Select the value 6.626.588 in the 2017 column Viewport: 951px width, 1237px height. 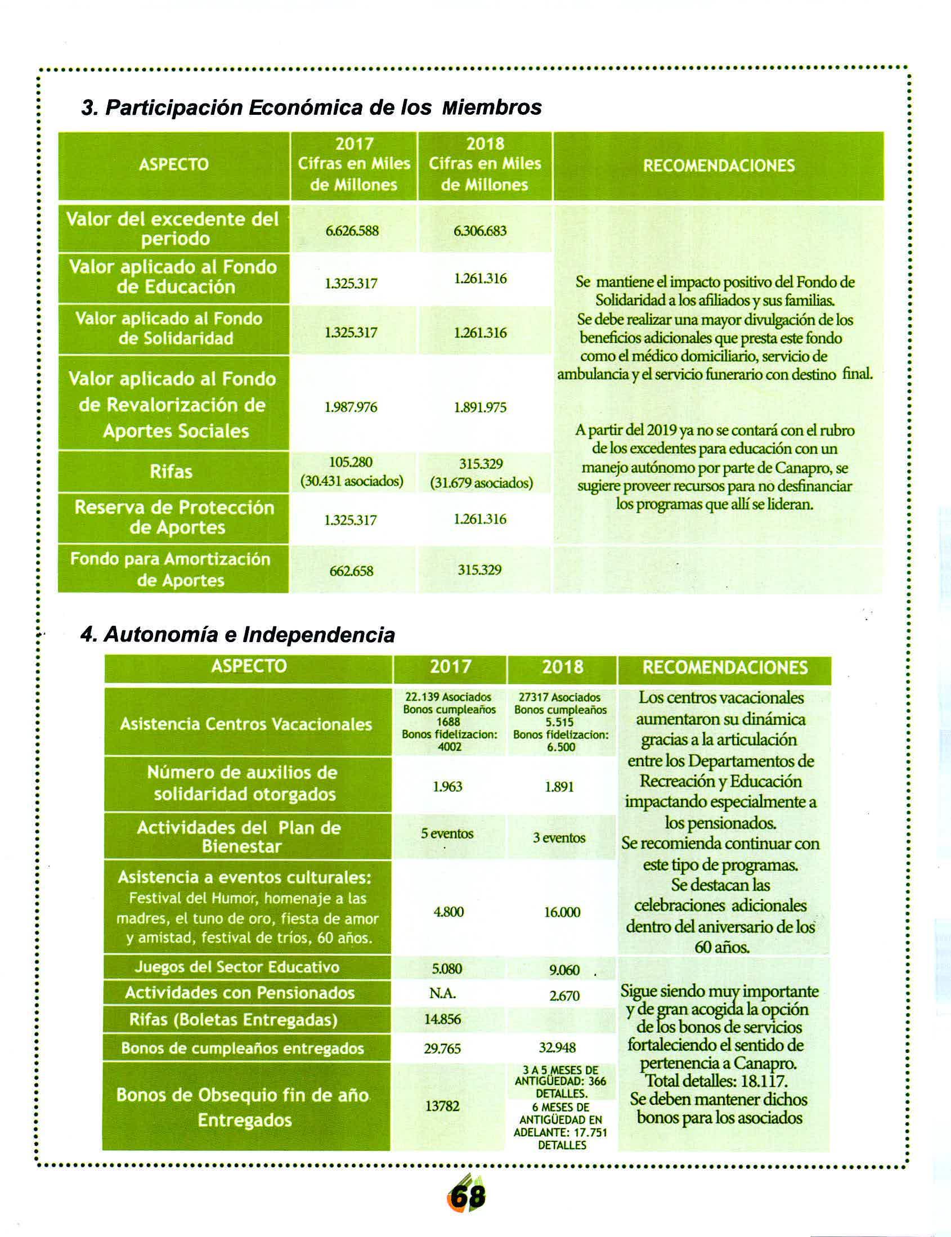tap(352, 231)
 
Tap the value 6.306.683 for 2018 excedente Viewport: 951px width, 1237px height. tap(480, 231)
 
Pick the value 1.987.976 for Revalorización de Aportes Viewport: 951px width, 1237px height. tap(351, 407)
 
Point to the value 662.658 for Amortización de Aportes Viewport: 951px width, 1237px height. tap(351, 571)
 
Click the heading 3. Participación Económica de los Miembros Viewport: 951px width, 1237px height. tap(311, 107)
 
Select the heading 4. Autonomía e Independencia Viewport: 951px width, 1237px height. tap(237, 635)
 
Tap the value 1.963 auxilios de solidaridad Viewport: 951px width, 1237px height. tap(447, 787)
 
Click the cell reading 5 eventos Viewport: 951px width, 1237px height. tap(447, 834)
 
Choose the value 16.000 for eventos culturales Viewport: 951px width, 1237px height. tap(562, 912)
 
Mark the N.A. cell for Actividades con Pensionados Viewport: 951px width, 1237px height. tap(443, 993)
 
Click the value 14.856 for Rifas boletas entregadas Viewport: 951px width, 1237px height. tap(443, 1020)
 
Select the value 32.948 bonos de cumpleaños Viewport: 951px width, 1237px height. tap(557, 1048)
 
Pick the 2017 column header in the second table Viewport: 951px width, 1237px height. tap(450, 667)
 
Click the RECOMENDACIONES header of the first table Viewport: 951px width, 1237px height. tap(719, 165)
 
